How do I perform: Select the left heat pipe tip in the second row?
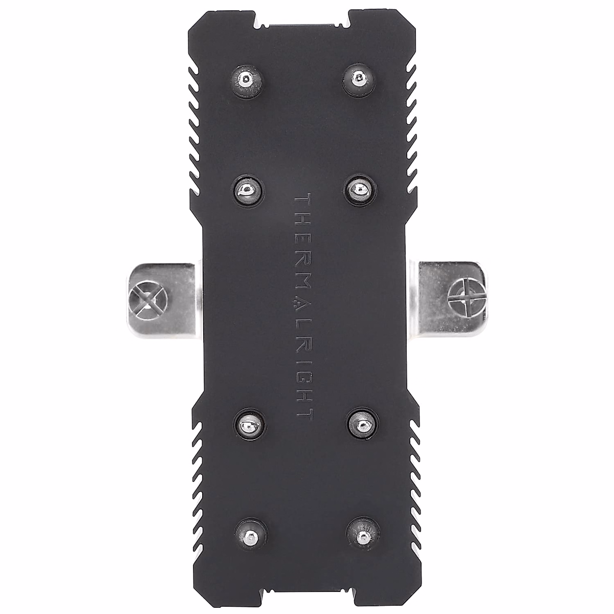click(x=248, y=190)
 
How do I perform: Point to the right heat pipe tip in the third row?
click(x=362, y=423)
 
